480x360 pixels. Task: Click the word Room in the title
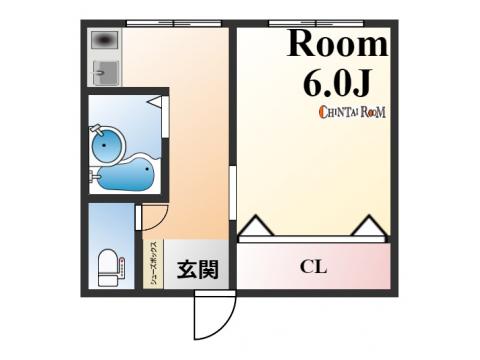pos(338,44)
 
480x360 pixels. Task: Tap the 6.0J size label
pos(337,83)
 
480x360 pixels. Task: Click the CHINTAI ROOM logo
pos(352,112)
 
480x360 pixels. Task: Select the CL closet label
pos(313,267)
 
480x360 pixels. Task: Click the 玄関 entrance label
pos(198,269)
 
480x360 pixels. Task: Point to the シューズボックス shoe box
pos(154,264)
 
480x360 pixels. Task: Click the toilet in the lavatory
pos(108,268)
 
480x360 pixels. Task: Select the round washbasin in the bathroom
pos(106,145)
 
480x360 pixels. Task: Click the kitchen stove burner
pos(105,40)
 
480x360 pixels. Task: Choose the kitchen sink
pos(106,73)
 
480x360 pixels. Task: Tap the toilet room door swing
pos(154,218)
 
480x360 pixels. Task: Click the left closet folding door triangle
pos(256,225)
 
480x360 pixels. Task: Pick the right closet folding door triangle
pos(369,225)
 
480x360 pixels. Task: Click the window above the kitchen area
pos(174,23)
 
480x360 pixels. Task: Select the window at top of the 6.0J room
pos(316,23)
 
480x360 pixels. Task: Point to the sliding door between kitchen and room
pos(233,193)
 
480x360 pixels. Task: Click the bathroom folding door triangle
pos(155,101)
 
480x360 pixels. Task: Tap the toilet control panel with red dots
pos(122,267)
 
